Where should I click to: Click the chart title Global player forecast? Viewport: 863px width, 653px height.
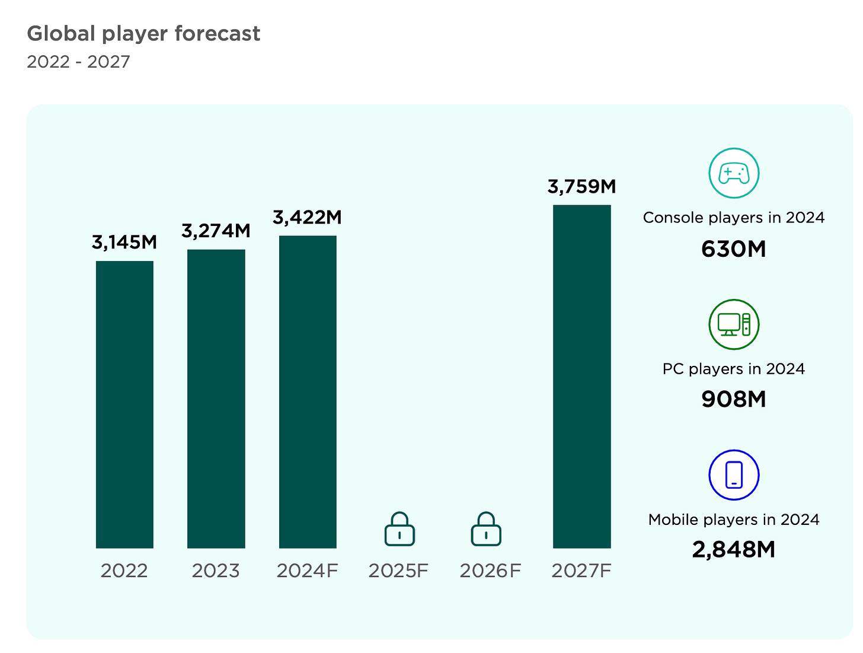coord(143,34)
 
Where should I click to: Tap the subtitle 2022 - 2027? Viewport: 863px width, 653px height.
coord(78,62)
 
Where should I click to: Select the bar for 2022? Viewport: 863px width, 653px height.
coord(124,404)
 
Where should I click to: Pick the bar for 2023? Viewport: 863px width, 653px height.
coord(216,399)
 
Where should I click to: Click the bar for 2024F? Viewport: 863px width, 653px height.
coord(308,391)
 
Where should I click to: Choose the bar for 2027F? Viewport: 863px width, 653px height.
coord(581,376)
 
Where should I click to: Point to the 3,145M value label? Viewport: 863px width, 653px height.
coord(124,242)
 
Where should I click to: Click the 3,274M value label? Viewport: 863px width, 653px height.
coord(216,230)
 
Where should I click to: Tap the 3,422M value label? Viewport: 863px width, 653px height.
coord(308,217)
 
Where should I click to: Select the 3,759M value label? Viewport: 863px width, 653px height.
coord(581,186)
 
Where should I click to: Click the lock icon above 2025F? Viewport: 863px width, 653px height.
coord(399,529)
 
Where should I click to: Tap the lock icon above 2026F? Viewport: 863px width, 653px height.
coord(486,529)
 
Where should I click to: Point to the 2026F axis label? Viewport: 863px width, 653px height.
coord(490,571)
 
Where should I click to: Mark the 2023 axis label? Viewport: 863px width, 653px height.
coord(216,571)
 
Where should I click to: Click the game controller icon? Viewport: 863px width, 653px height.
coord(734,173)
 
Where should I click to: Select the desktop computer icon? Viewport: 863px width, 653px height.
coord(734,324)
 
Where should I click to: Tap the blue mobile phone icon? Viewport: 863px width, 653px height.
coord(734,475)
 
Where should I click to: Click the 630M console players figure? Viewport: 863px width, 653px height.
coord(734,249)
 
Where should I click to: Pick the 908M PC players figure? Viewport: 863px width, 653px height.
coord(734,399)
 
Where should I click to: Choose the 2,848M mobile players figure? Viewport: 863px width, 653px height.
coord(734,550)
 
